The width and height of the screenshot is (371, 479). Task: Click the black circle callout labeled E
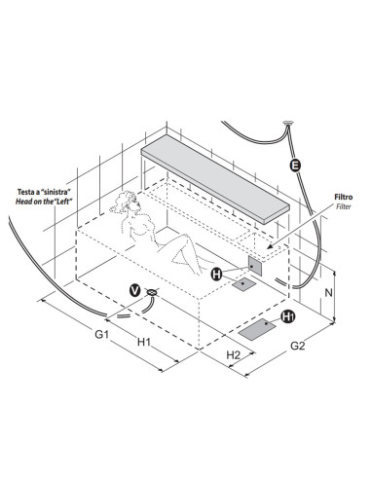click(x=295, y=166)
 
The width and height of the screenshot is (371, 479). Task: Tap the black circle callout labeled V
click(x=134, y=290)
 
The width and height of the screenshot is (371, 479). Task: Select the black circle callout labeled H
click(x=216, y=275)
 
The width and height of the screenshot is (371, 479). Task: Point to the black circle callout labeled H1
click(x=288, y=316)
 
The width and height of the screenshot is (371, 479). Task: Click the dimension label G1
click(x=101, y=334)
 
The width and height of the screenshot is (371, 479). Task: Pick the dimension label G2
click(x=298, y=346)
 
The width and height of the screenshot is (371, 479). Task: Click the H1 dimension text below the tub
click(x=144, y=342)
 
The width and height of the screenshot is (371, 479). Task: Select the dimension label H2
click(x=233, y=354)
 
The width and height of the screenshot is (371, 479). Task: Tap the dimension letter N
click(x=329, y=292)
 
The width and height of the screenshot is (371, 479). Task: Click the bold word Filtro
click(x=344, y=197)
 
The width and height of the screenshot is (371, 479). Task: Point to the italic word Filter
click(x=344, y=206)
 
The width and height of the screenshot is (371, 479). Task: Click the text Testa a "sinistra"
click(x=44, y=192)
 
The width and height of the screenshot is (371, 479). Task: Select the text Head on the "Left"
click(x=44, y=202)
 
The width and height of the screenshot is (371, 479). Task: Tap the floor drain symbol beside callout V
click(x=152, y=292)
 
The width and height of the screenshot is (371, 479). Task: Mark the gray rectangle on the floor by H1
click(x=257, y=329)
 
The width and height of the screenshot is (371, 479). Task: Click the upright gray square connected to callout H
click(x=255, y=266)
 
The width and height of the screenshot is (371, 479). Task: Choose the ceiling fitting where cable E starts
click(x=288, y=124)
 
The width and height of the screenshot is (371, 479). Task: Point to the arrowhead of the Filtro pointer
click(x=270, y=247)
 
